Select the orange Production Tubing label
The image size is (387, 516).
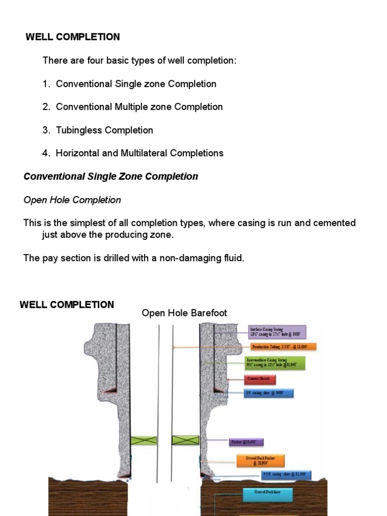coord(283,347)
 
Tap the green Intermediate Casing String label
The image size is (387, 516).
coord(275,363)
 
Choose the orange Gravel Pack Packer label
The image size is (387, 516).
coord(261,460)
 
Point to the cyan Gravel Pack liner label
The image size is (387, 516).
coord(261,495)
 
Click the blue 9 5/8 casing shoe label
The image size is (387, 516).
coord(286,475)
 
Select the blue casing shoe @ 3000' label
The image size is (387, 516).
coord(268,393)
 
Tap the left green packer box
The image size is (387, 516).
coord(144,440)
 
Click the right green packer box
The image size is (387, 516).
coord(185,440)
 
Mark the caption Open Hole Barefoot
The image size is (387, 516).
coord(184,313)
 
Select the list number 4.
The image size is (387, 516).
coord(46,153)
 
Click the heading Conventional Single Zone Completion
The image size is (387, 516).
coord(111,176)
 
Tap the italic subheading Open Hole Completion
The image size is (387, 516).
coord(72,200)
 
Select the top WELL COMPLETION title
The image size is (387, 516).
coord(73,37)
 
